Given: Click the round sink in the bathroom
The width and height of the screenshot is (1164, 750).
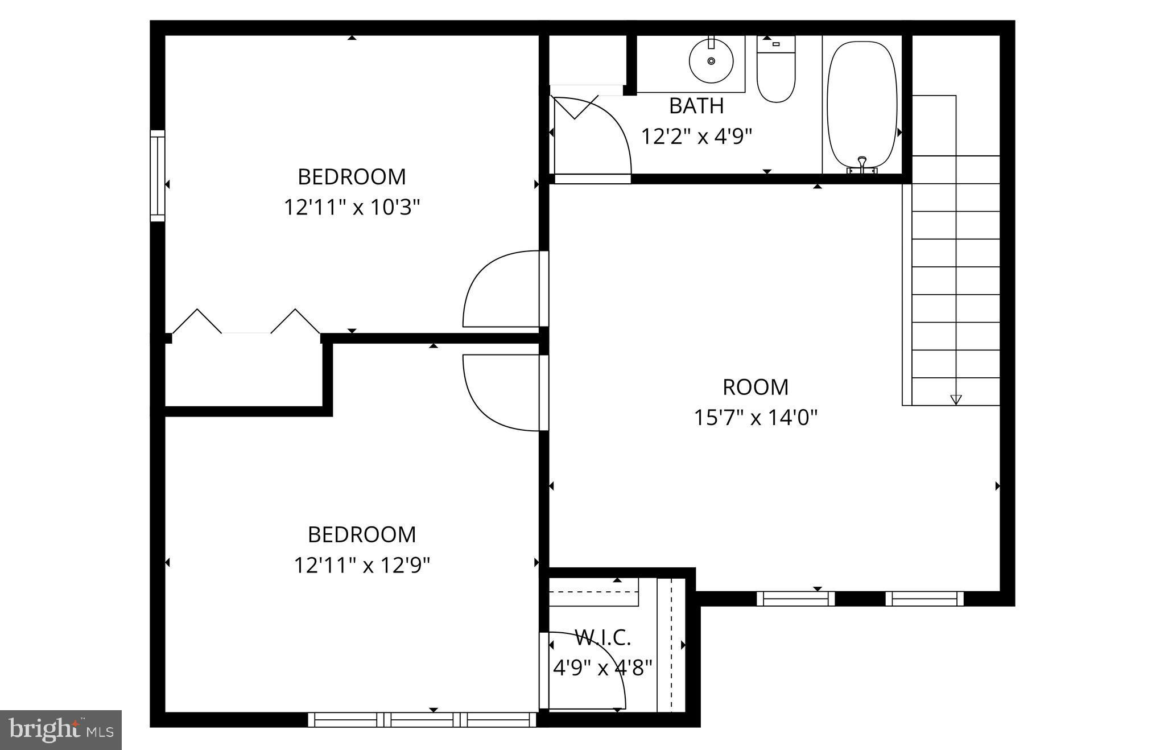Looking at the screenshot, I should coord(711,60).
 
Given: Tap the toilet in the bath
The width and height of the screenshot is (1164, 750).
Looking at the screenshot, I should coord(775,71).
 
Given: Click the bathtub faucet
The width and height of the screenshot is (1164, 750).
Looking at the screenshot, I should coord(862,165).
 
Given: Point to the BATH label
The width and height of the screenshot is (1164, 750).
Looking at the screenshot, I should coord(696,106).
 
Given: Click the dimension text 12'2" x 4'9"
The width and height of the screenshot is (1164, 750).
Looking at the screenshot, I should coord(696,137).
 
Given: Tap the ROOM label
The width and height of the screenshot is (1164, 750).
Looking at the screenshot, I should coord(756,388).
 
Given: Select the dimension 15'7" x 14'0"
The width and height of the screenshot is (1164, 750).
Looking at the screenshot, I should coord(756,418).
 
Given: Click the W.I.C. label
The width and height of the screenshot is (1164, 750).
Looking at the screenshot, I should coord(603,638).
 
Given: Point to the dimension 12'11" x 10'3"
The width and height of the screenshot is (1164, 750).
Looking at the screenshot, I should coord(352,207).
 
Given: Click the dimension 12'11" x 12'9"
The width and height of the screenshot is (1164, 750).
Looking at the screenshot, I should coord(362,566).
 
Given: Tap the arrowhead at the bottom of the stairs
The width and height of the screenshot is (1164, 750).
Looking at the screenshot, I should coord(956,399).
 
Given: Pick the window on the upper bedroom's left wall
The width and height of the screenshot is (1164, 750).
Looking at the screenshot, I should coord(158,175).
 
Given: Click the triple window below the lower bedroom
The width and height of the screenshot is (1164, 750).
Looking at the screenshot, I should coord(422,720).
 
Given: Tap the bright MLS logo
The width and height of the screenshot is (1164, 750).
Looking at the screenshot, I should coord(61,730).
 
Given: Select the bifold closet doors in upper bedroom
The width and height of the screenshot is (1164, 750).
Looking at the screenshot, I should coord(246,323).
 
